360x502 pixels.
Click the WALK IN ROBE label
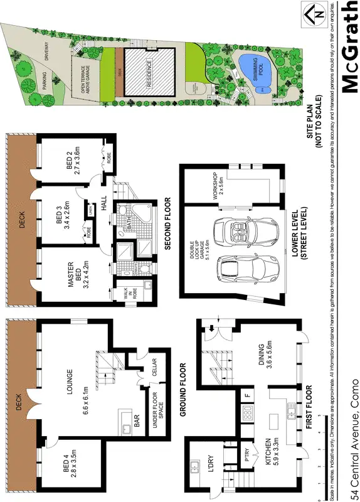pos(122,294)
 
